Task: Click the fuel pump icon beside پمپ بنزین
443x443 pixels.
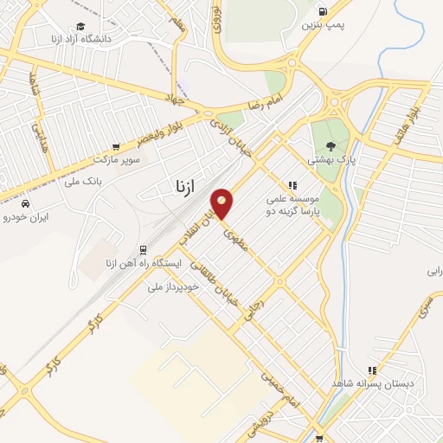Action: pos(324,12)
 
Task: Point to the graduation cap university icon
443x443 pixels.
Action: pos(80,26)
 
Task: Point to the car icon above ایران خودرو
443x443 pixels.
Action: pos(26,202)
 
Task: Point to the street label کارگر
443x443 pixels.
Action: pos(72,343)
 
